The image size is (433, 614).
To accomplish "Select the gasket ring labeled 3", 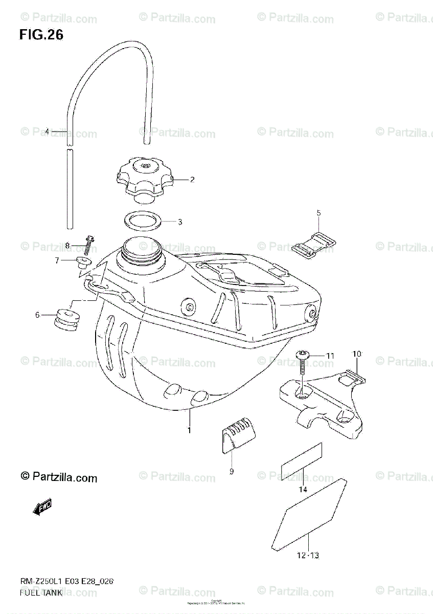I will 145,221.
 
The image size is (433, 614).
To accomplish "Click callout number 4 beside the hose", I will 47,131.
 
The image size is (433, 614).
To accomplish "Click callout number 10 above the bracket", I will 357,354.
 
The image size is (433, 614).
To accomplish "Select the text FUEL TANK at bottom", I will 41,593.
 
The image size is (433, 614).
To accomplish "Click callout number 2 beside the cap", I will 192,180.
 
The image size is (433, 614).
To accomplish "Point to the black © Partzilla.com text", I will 59,477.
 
